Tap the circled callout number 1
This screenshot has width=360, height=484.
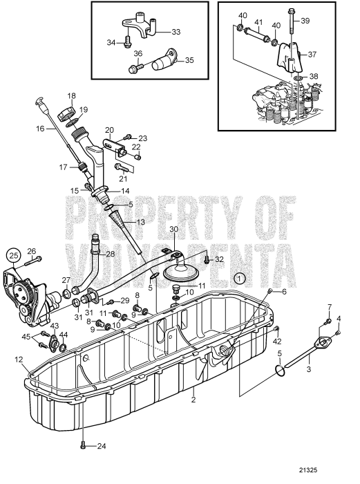240,278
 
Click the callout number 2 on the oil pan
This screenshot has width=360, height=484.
194,400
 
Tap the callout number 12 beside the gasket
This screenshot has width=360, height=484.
19,360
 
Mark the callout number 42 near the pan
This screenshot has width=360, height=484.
278,341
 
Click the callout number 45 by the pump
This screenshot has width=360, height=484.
26,337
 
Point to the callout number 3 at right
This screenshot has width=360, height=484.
309,371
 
